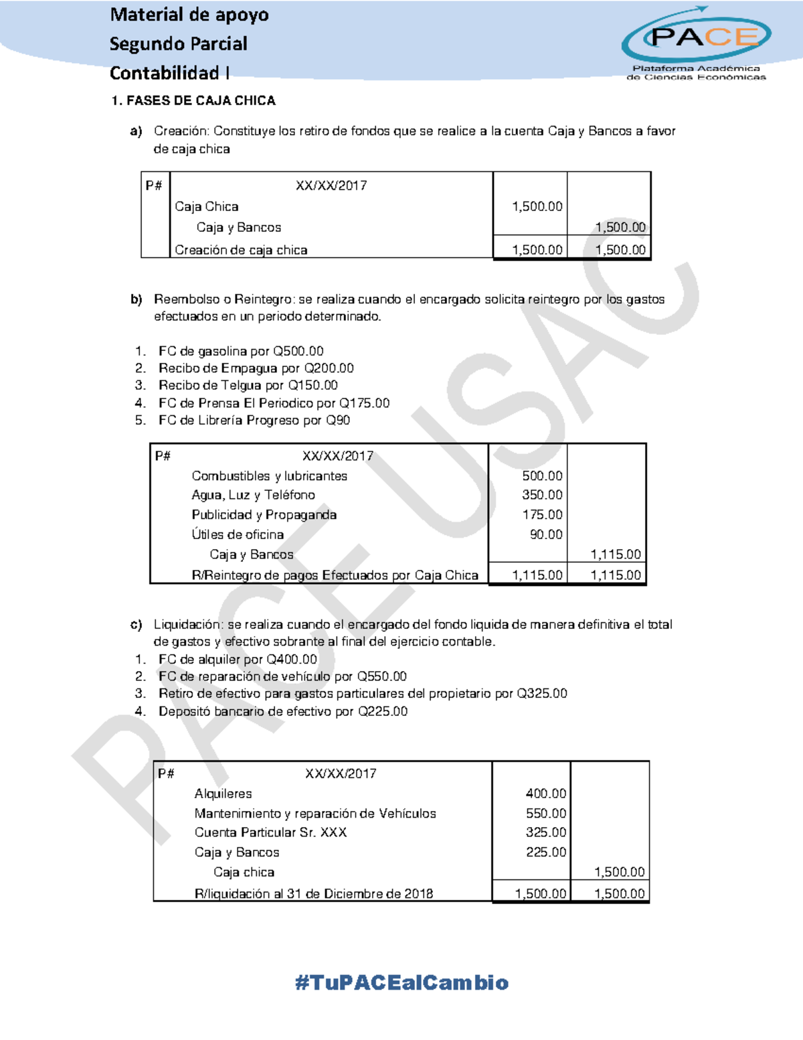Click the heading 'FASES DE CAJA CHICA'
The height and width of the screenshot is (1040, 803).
[x=201, y=101]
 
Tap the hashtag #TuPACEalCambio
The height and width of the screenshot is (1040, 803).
[x=401, y=982]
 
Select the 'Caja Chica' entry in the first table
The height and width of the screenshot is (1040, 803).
[x=207, y=207]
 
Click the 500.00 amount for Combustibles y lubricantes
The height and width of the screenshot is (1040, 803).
[x=542, y=476]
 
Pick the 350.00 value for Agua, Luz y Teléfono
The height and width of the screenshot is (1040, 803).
[x=542, y=495]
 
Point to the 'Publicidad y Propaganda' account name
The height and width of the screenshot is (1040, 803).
[x=264, y=515]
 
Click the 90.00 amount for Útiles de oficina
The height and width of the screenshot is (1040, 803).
[x=546, y=534]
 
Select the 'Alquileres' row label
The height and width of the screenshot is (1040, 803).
[x=223, y=794]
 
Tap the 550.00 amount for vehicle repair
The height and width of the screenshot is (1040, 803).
[x=546, y=814]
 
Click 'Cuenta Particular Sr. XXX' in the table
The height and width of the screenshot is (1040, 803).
[x=270, y=832]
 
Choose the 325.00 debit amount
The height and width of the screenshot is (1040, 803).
[x=546, y=832]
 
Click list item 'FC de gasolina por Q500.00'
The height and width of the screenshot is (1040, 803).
[x=241, y=352]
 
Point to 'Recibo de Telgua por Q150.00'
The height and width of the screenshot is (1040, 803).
[x=248, y=386]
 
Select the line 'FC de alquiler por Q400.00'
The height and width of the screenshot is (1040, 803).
[x=238, y=660]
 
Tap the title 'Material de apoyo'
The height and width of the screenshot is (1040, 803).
[x=189, y=15]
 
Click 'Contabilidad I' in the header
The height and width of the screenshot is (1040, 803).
[x=170, y=73]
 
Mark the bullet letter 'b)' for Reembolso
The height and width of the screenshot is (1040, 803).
[x=137, y=299]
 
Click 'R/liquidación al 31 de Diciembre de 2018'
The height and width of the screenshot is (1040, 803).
[x=313, y=894]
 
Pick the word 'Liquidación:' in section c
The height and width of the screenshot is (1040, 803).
[x=189, y=625]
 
